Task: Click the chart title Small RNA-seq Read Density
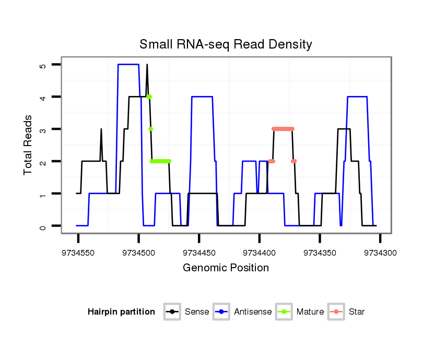point(226,44)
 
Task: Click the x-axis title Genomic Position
point(226,268)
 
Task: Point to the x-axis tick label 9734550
point(78,253)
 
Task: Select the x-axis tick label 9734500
point(138,253)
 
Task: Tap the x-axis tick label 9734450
point(199,253)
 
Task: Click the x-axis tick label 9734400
point(260,253)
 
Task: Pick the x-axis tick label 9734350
point(320,253)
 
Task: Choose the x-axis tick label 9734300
point(380,253)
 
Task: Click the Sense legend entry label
point(197,312)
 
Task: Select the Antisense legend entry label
point(253,312)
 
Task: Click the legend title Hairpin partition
point(121,312)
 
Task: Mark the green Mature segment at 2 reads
point(160,161)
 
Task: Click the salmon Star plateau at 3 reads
point(283,129)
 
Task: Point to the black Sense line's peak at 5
point(147,65)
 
